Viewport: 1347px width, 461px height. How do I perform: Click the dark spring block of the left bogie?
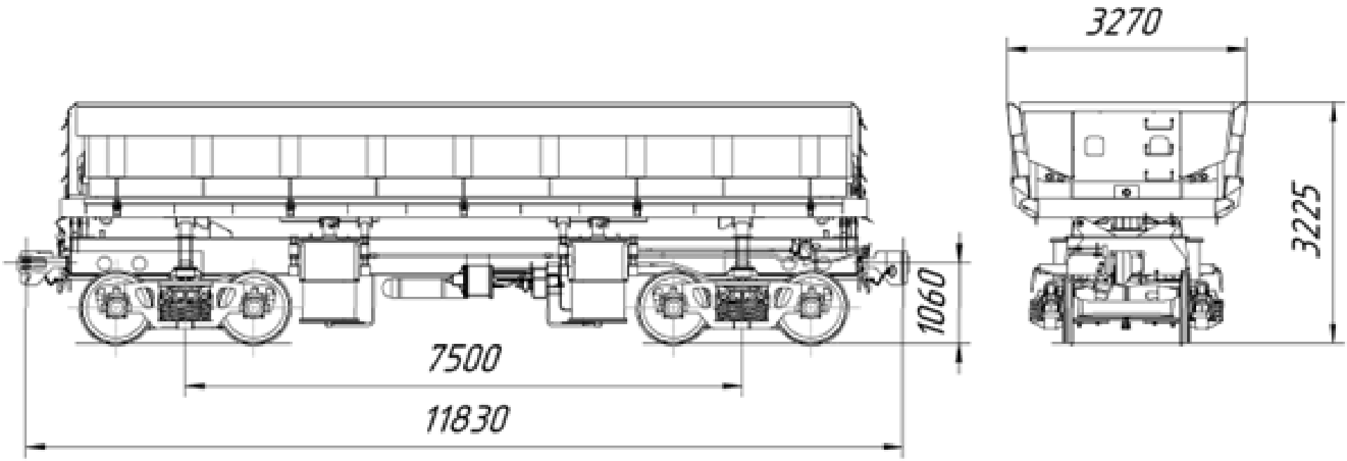click(185, 304)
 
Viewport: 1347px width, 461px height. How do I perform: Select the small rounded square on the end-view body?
click(1094, 146)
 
